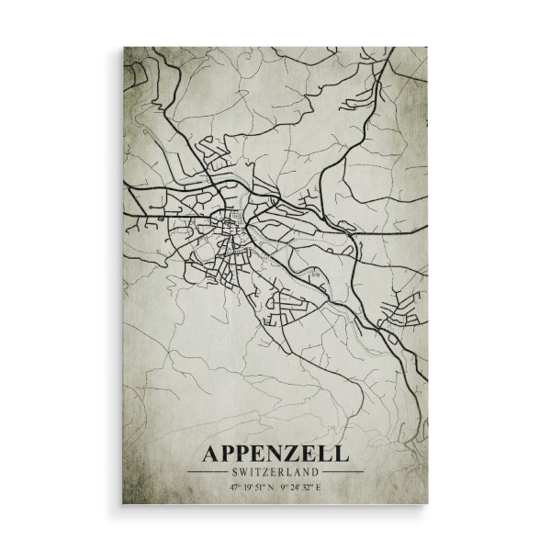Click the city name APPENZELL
click(275, 454)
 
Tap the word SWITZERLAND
click(275, 472)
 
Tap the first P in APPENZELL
click(230, 454)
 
